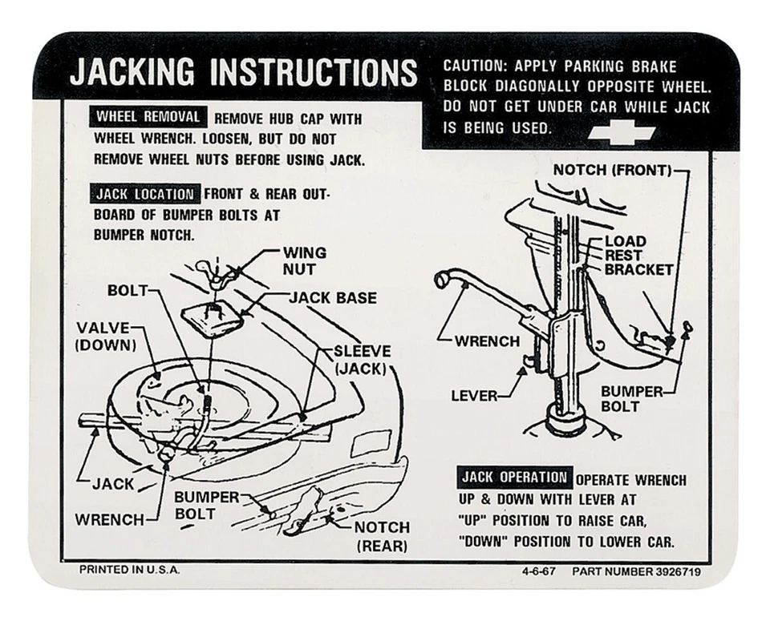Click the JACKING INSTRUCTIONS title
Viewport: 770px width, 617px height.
click(x=243, y=73)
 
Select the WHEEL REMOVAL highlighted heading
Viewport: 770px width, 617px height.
click(x=148, y=117)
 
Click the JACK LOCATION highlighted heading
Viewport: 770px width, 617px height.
click(x=145, y=194)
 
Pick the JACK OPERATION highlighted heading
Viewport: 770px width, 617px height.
click(x=513, y=478)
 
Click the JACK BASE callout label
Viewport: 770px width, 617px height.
click(x=332, y=298)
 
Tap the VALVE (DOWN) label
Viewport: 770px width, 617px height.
click(x=105, y=337)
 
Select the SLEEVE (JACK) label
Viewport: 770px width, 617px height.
click(x=362, y=360)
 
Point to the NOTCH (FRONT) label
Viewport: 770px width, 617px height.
click(x=610, y=170)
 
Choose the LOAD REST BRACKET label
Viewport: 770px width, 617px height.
click(x=638, y=256)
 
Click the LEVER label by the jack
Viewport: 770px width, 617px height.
click(x=474, y=396)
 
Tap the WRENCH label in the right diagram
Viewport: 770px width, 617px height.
click(x=487, y=341)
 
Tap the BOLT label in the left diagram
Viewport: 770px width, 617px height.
click(x=128, y=290)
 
